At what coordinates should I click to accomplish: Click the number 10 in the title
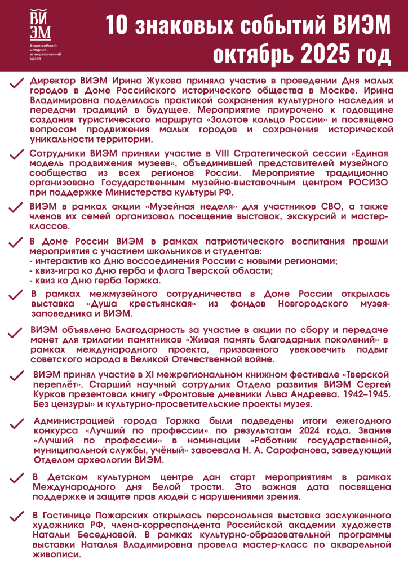119,25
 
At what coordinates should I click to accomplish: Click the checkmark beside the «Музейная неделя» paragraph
16,208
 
